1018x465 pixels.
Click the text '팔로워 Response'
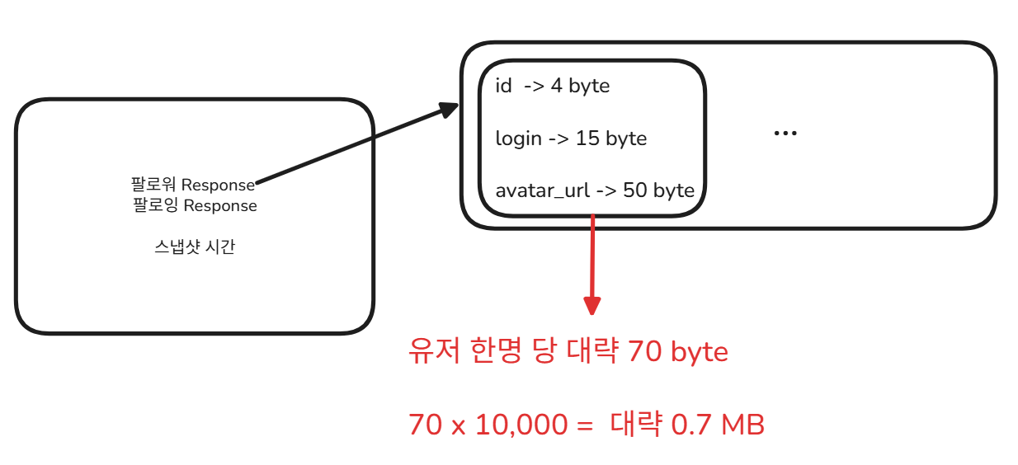click(x=192, y=184)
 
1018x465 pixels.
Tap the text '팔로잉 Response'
click(x=195, y=205)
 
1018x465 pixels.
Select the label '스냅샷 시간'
click(x=195, y=247)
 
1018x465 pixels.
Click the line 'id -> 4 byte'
click(x=552, y=86)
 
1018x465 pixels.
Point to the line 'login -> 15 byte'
click(x=571, y=138)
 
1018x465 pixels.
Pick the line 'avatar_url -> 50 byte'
click(x=594, y=190)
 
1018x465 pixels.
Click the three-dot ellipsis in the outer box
click(x=785, y=134)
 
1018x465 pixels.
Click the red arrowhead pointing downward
click(x=592, y=304)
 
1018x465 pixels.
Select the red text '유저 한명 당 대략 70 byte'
click(x=568, y=353)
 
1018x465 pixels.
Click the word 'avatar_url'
click(x=542, y=191)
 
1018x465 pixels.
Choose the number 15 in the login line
click(x=587, y=138)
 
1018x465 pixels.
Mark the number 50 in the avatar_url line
click(x=635, y=190)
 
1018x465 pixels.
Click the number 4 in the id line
click(x=557, y=86)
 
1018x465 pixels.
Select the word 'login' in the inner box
click(x=517, y=139)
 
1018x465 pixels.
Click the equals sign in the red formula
click(x=585, y=426)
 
